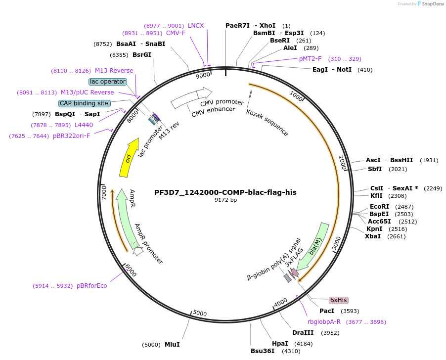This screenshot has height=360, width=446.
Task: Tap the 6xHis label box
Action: (339, 300)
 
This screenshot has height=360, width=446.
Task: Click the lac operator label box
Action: (108, 82)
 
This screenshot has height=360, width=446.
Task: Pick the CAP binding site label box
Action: (84, 103)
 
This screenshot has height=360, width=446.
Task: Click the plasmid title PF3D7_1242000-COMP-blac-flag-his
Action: (225, 192)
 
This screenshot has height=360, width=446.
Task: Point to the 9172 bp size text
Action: (225, 200)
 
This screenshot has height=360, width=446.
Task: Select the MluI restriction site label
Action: (172, 344)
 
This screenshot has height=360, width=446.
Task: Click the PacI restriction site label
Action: (327, 311)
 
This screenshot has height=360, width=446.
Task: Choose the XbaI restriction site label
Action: (373, 236)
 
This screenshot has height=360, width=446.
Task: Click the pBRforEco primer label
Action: (92, 286)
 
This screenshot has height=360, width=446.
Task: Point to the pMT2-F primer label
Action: (310, 59)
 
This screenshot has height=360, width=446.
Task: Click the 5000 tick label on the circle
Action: (199, 313)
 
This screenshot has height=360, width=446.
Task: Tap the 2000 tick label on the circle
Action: (341, 162)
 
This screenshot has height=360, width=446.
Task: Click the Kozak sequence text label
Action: (267, 122)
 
